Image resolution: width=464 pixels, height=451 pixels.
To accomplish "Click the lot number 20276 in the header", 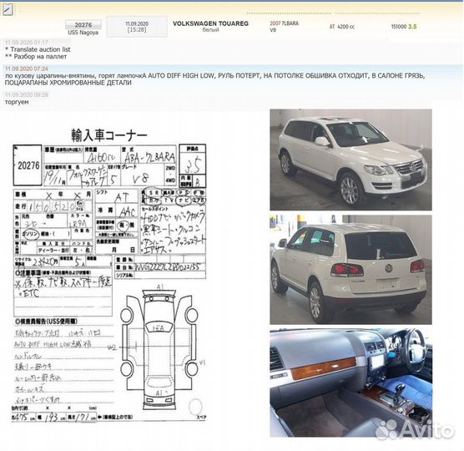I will (82, 25).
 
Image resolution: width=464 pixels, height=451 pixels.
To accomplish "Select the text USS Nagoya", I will (82, 33).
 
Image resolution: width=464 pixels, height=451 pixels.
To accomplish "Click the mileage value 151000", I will (398, 27).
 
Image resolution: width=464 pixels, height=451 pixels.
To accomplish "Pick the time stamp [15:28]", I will (136, 31).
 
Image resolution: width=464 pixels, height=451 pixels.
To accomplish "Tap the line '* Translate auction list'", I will (39, 49).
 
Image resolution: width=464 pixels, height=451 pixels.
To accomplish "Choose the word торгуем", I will (17, 101).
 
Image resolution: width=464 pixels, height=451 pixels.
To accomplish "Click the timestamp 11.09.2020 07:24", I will (26, 68).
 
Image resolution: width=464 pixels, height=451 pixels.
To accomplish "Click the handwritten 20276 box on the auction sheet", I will (28, 165).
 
